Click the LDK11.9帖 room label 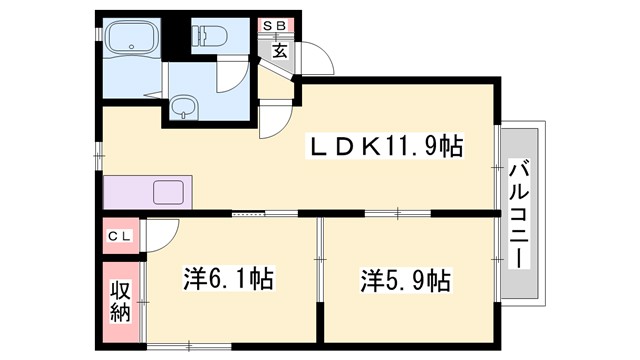click(384, 147)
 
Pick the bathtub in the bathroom click(132, 44)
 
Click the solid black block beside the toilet click(177, 34)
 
